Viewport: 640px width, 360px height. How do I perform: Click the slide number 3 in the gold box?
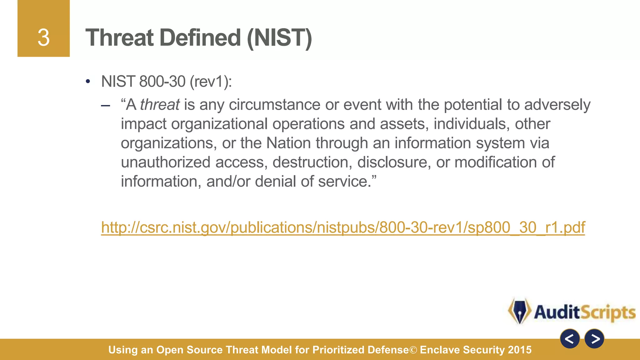pyautogui.click(x=43, y=38)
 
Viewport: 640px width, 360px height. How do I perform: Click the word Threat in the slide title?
pyautogui.click(x=119, y=38)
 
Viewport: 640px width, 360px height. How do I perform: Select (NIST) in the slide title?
pyautogui.click(x=279, y=38)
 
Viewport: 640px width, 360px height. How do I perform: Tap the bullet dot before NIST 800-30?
pyautogui.click(x=88, y=82)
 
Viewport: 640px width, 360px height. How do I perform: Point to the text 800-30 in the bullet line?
pyautogui.click(x=162, y=82)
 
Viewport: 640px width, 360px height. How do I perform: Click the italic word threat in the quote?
pyautogui.click(x=160, y=104)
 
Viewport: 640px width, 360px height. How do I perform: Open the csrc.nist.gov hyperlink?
pyautogui.click(x=343, y=227)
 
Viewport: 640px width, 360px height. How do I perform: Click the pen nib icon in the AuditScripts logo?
pyautogui.click(x=520, y=311)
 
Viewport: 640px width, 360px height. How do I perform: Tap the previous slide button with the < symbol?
pyautogui.click(x=570, y=339)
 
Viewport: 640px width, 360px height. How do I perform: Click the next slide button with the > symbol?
pyautogui.click(x=594, y=339)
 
